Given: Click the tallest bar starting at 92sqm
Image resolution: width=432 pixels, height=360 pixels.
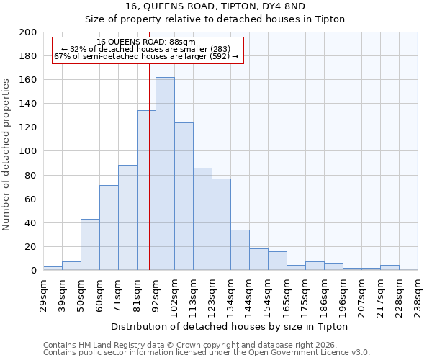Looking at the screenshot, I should pos(165,174).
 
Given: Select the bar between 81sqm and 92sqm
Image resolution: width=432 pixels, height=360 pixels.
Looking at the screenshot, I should pos(146,190).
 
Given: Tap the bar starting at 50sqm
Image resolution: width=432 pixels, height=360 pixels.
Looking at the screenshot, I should pos(90,244).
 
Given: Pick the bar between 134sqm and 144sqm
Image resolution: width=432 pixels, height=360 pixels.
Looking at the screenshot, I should pos(240,250).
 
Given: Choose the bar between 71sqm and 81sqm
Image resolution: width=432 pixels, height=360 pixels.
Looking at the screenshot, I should pos(127,217).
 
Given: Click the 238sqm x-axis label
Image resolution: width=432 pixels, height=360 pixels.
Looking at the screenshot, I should pos(418,295).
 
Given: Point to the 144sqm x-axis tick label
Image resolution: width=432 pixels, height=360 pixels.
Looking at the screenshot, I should pos(249,295).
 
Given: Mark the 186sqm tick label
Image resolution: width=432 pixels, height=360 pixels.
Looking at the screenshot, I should pos(324,295).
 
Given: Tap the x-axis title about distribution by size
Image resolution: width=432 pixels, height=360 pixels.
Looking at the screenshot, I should pos(230,326).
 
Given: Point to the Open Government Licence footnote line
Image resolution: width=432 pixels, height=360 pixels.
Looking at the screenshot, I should pos(207,353).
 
